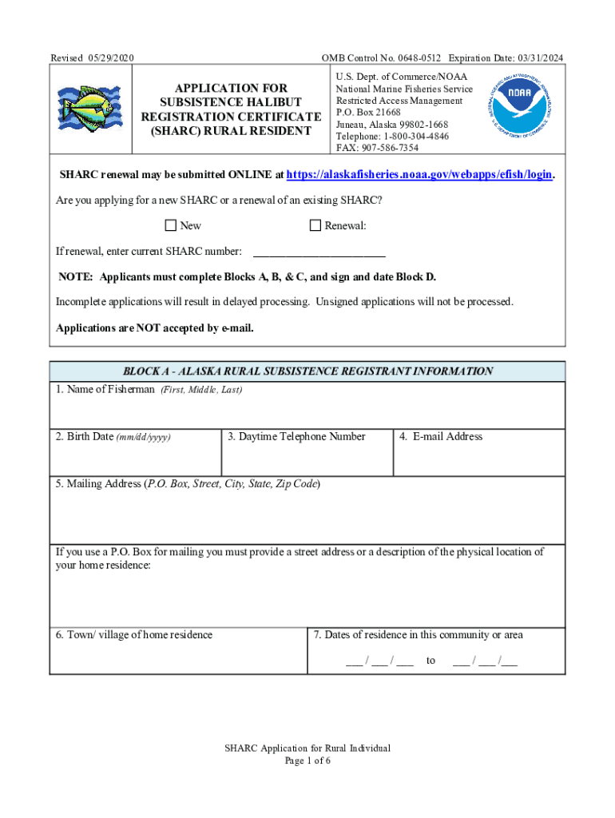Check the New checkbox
coord(170,225)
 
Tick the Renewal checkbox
coord(315,225)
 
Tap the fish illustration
coord(89,109)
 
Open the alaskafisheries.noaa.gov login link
coord(419,175)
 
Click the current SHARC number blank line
coord(319,252)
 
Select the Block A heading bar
coord(307,371)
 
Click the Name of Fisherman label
coord(105,390)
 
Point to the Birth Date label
coord(85,437)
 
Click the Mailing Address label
coord(99,484)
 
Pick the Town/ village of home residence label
coord(134,635)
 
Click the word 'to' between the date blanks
coord(431,661)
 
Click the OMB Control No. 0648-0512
coord(380,58)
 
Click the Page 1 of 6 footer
coord(307,760)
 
